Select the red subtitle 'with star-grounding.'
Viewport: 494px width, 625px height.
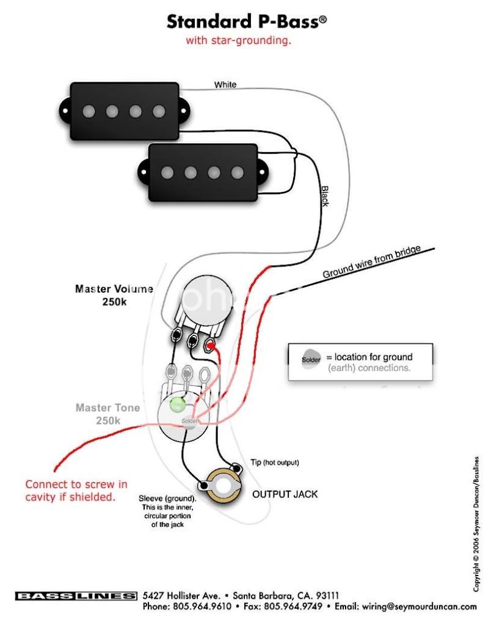point(238,42)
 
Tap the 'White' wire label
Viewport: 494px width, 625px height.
point(225,85)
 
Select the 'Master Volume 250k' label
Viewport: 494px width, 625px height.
point(114,294)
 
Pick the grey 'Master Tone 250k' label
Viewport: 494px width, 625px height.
point(107,414)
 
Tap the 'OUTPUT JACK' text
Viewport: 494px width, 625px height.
point(285,494)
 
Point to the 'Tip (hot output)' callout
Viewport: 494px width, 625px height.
point(275,462)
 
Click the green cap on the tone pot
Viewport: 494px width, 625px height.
point(177,405)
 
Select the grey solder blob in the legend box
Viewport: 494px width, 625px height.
point(310,360)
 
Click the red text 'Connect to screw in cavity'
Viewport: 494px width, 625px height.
point(76,491)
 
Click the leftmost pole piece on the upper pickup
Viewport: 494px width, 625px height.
point(89,111)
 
